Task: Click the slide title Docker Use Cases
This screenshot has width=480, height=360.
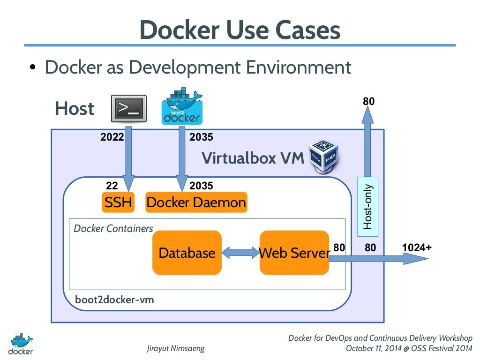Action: point(240,30)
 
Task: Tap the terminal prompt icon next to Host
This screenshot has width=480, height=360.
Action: point(128,109)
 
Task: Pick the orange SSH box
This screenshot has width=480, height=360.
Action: point(118,202)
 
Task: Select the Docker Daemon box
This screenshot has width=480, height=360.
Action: point(196,202)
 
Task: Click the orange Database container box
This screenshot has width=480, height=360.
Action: point(187,253)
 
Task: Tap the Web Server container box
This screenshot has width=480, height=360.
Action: point(294,253)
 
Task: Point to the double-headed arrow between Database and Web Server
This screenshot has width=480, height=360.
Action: point(240,253)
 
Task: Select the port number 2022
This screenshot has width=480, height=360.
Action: point(112,137)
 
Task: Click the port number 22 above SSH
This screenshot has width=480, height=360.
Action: point(112,186)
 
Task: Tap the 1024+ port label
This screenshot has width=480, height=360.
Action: point(417,247)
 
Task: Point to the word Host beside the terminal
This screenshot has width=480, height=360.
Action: point(75,109)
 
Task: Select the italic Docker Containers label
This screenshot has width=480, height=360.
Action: point(113,229)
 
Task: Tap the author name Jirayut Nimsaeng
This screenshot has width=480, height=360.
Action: point(175,349)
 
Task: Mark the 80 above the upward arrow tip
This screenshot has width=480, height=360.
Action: point(368,101)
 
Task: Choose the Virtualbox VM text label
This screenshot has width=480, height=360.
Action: point(253,158)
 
